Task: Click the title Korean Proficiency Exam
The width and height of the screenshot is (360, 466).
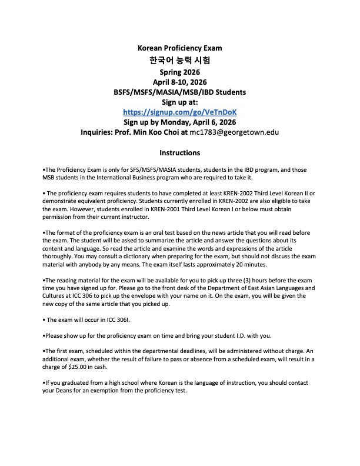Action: click(179, 48)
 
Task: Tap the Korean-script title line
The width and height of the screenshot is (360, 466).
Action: click(179, 60)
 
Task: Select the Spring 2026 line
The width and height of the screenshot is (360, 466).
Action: click(179, 71)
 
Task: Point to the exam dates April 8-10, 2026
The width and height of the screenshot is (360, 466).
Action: click(179, 82)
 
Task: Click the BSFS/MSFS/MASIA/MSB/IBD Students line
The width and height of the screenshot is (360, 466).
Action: click(179, 92)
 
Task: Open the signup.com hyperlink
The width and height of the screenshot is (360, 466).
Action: click(179, 112)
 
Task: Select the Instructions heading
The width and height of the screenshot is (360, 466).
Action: click(179, 153)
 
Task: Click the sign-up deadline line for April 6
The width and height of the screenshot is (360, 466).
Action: click(179, 122)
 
